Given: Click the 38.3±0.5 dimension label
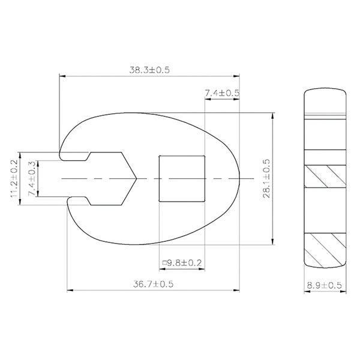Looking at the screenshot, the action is [x=149, y=70].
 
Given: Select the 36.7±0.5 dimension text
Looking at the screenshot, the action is [x=153, y=284].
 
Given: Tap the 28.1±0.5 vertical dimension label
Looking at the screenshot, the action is [x=266, y=178].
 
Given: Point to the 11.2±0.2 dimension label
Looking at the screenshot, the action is [x=14, y=178].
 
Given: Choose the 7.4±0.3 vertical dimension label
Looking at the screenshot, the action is [x=32, y=178].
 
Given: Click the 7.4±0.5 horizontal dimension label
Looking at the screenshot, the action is [x=222, y=93].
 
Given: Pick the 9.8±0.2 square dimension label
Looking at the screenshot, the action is [x=182, y=263].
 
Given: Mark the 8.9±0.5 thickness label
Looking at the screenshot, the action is [x=325, y=286].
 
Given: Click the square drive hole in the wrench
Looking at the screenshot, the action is [x=182, y=179].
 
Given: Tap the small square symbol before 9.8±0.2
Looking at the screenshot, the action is [x=164, y=263].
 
